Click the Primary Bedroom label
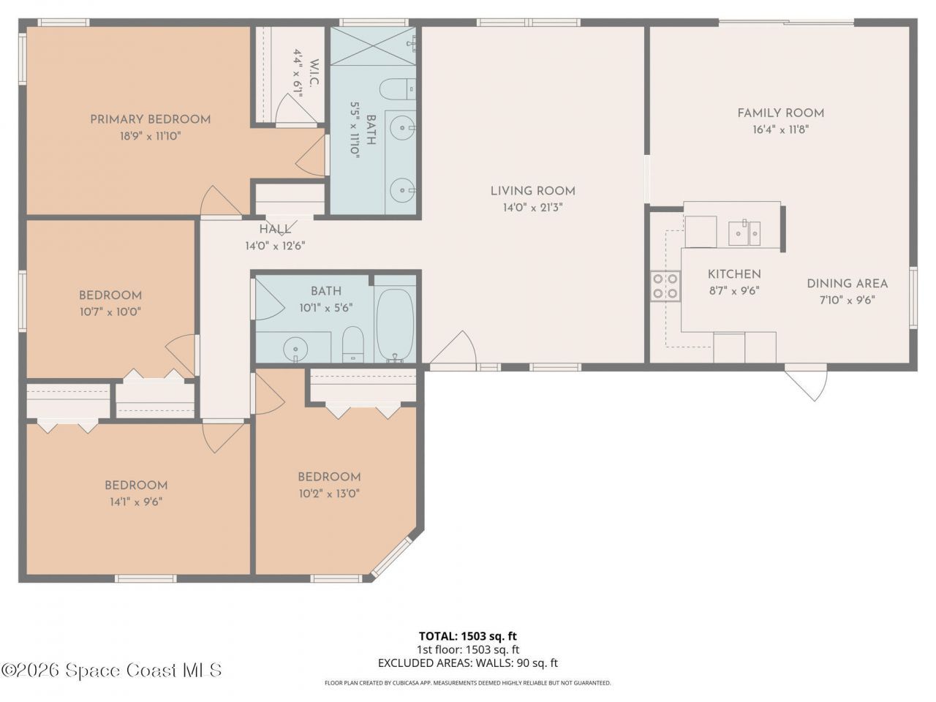click(x=150, y=119)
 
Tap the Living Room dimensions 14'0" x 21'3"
click(x=532, y=208)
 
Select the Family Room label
click(x=780, y=113)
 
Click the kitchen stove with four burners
click(x=665, y=286)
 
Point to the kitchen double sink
click(x=744, y=233)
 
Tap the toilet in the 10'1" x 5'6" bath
click(x=353, y=344)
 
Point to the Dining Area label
click(x=847, y=284)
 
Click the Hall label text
click(x=274, y=230)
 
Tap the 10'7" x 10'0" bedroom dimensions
click(x=110, y=312)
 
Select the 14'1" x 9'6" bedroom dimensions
click(x=135, y=502)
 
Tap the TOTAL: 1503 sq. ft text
click(x=467, y=636)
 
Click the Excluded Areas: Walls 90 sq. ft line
click(x=467, y=663)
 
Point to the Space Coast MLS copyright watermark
click(x=111, y=670)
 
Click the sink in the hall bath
click(x=295, y=347)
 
